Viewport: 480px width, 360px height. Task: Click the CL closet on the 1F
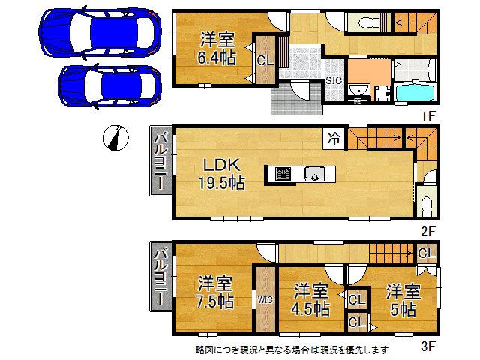tap(264, 60)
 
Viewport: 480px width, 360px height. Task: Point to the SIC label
tap(334, 80)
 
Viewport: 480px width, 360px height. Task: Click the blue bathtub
tap(415, 93)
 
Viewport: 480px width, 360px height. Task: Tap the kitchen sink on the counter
tap(316, 175)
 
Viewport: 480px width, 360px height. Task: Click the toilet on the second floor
tap(427, 202)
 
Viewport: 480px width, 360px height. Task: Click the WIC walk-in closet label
tap(265, 300)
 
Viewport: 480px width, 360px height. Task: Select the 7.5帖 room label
tap(214, 292)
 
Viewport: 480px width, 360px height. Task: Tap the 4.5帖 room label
tap(310, 298)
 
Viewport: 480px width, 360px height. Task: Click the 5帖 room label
tap(403, 298)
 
